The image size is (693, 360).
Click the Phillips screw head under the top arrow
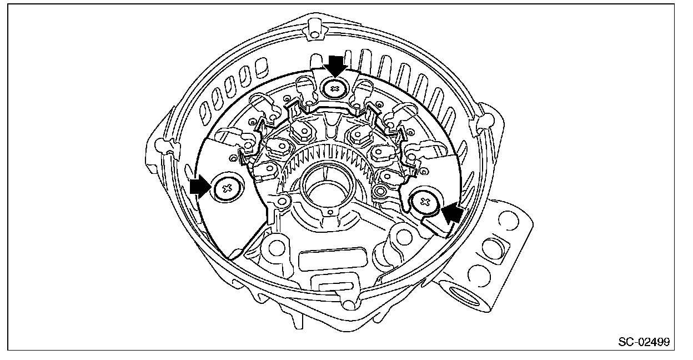[335, 88]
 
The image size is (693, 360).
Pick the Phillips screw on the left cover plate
[226, 189]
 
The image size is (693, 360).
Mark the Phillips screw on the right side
[426, 202]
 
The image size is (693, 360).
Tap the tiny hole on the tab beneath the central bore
[331, 212]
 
